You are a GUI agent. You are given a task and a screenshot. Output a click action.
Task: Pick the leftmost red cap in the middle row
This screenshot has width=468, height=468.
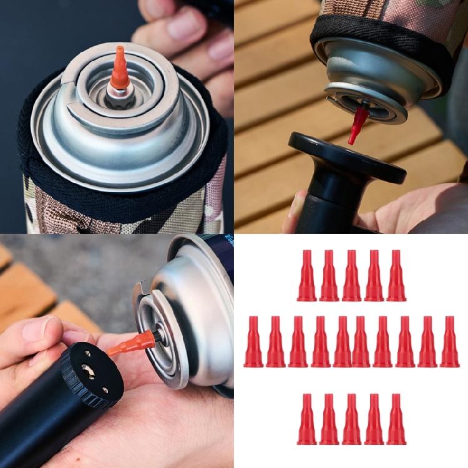tap(253, 341)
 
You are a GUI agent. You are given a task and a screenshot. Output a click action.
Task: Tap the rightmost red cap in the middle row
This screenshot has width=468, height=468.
tap(449, 341)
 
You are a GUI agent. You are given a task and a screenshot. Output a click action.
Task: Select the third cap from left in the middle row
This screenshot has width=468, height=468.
tap(298, 341)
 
